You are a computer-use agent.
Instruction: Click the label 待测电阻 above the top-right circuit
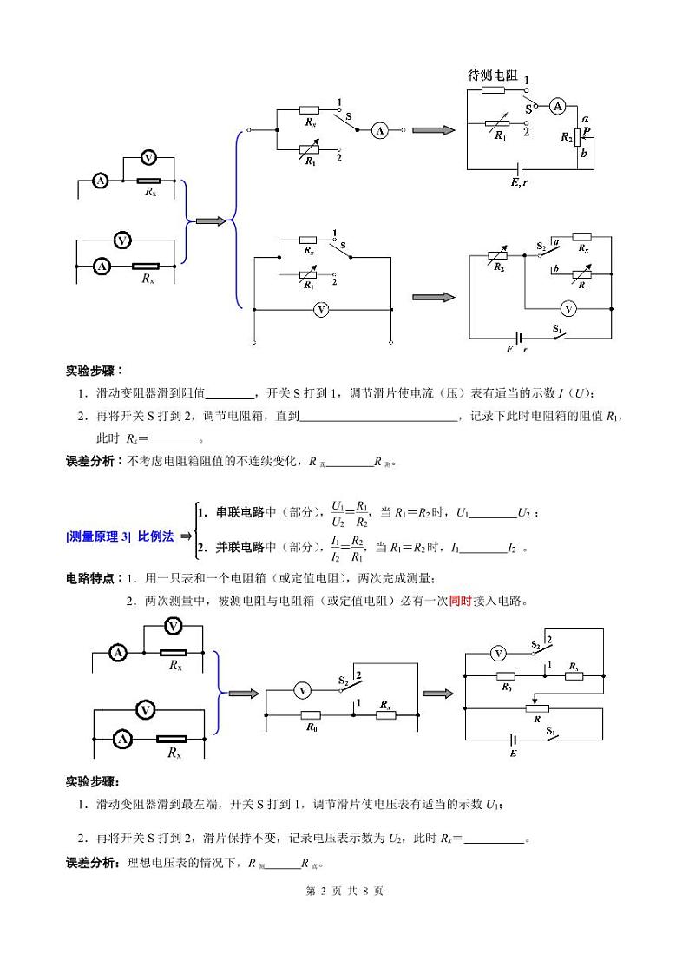492,76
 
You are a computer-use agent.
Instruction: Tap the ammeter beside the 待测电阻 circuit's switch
558,106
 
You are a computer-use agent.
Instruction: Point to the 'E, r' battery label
519,182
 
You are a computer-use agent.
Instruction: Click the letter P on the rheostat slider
587,130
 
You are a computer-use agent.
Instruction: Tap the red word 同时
460,601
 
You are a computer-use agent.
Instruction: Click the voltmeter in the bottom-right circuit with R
498,653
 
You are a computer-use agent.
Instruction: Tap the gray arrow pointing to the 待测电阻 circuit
434,130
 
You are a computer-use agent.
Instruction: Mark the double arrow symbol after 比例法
185,536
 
